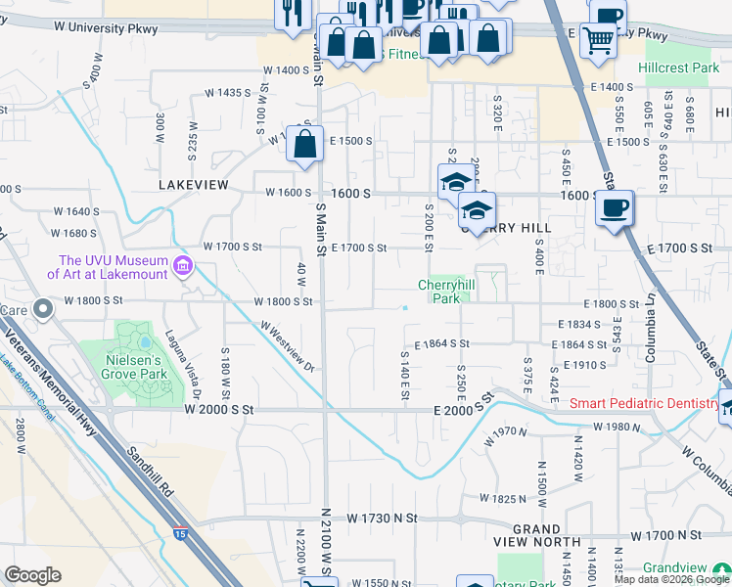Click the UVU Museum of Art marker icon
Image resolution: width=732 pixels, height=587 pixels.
click(x=182, y=266)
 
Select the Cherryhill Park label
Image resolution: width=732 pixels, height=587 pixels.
click(x=444, y=291)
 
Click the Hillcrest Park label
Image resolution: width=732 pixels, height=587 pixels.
click(x=678, y=68)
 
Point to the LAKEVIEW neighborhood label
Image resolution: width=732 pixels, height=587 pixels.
click(x=193, y=184)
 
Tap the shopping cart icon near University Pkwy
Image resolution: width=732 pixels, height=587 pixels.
click(x=599, y=41)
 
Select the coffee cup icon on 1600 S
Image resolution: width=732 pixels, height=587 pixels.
click(x=614, y=208)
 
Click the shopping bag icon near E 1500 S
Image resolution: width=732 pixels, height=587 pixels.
click(x=305, y=144)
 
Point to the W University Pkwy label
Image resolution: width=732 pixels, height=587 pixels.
click(x=101, y=29)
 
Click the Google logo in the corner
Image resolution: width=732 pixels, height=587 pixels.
click(x=32, y=575)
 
